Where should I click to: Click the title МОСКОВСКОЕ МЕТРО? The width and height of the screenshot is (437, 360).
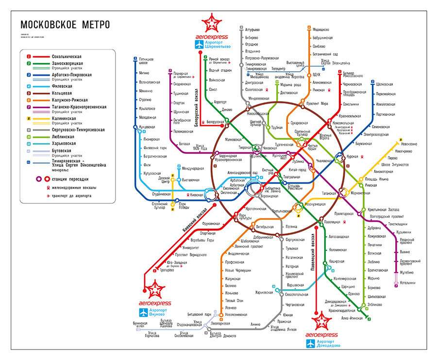(65, 25)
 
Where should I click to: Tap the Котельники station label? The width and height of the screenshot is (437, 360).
(408, 282)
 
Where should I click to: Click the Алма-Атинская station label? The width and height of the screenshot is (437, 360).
(353, 317)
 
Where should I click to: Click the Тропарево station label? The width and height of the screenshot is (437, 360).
(166, 270)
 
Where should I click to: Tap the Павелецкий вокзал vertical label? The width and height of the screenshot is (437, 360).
(313, 255)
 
